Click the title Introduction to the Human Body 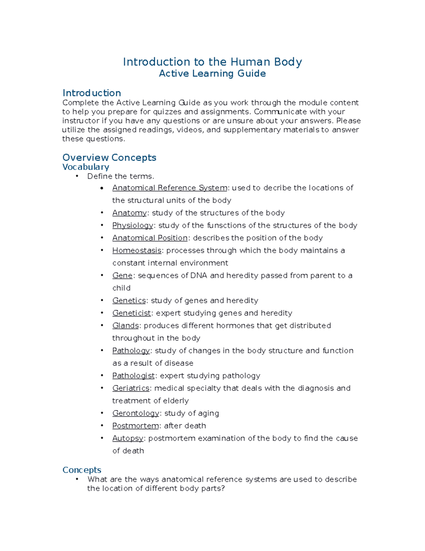(212, 62)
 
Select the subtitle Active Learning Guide (212, 73)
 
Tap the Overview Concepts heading (109, 158)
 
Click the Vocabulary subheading (86, 167)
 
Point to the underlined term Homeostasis (137, 250)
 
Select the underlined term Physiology (132, 226)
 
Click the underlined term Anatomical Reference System (170, 188)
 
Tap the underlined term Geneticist (131, 313)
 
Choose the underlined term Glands (125, 326)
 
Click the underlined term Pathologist (134, 376)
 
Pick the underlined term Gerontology (136, 413)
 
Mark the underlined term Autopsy (127, 439)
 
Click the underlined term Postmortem (135, 426)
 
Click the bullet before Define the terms (76, 176)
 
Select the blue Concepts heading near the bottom (82, 470)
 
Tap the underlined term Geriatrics (131, 389)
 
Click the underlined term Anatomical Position (150, 238)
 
